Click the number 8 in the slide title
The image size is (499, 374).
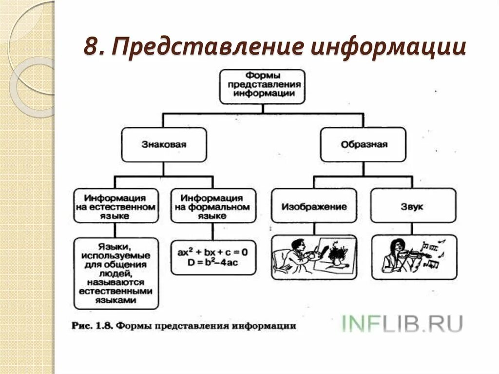tap(91, 47)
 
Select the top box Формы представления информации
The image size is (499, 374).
tap(262, 86)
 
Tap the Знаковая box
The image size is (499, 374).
tap(164, 144)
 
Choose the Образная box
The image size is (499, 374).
tap(363, 144)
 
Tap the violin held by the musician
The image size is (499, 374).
tap(412, 254)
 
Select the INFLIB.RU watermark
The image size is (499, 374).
tap(402, 323)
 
